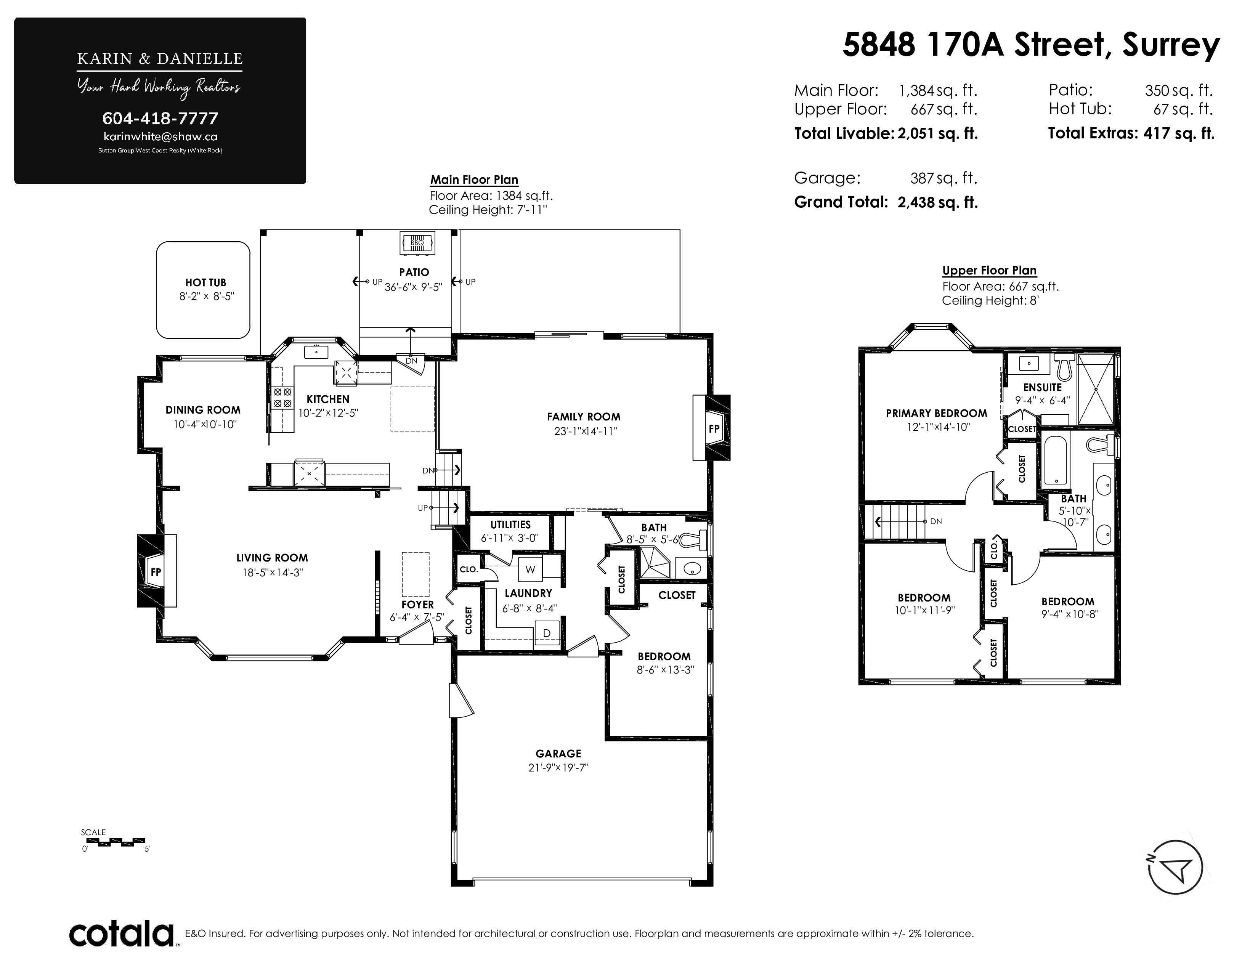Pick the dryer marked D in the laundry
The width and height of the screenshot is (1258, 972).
[x=547, y=633]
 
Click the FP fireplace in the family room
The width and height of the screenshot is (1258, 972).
[x=714, y=428]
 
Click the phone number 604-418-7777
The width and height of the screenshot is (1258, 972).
[x=160, y=119]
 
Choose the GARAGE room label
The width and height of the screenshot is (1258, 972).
[x=558, y=753]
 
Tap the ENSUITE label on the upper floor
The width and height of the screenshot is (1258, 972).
[x=1042, y=388]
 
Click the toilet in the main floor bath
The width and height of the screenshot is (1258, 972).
[x=693, y=539]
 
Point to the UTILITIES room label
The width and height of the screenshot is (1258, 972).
[x=510, y=524]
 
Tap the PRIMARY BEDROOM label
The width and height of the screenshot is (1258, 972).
[x=936, y=414]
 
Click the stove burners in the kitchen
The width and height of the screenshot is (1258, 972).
[x=282, y=397]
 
